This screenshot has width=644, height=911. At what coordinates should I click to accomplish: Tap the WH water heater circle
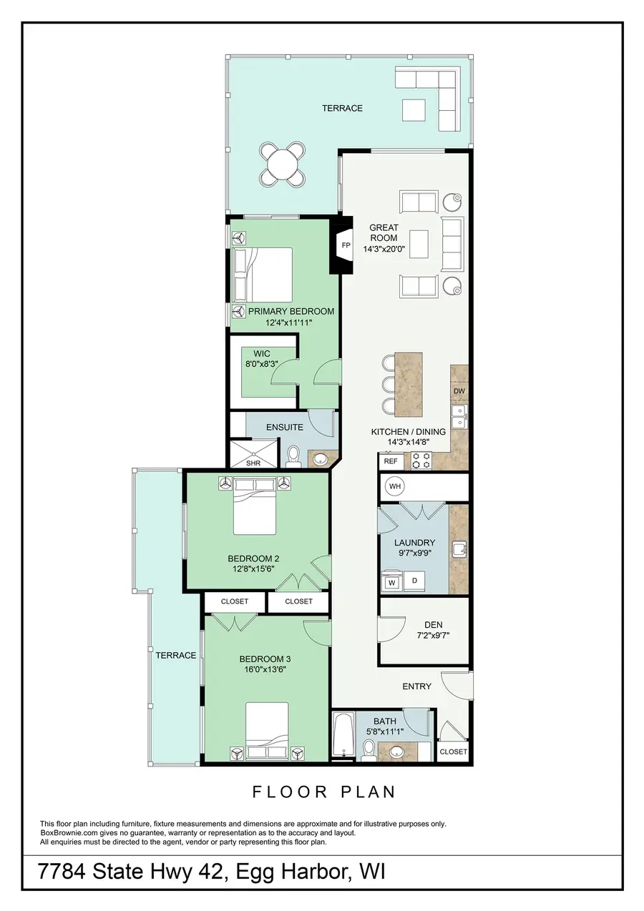pos(395,487)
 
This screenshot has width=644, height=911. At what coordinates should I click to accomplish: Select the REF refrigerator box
pos(391,462)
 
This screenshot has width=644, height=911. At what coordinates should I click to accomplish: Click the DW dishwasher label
pos(459,392)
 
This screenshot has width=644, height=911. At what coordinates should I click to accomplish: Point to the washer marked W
pos(391,583)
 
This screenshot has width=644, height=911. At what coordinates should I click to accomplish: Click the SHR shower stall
pos(253,453)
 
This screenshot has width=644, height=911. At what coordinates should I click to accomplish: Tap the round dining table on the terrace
pos(283,165)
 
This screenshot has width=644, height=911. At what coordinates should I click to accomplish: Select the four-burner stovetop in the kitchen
pos(422,461)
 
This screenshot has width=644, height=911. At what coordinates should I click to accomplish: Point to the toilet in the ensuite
pos(293,456)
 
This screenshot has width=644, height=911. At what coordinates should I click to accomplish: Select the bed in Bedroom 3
pos(267,728)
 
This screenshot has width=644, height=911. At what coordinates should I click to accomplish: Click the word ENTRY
pos(416,686)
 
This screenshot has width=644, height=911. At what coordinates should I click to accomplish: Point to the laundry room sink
pos(459,550)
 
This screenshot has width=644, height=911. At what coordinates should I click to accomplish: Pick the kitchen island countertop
pos(409,383)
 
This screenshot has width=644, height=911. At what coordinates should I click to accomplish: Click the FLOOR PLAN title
pos(323,792)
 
